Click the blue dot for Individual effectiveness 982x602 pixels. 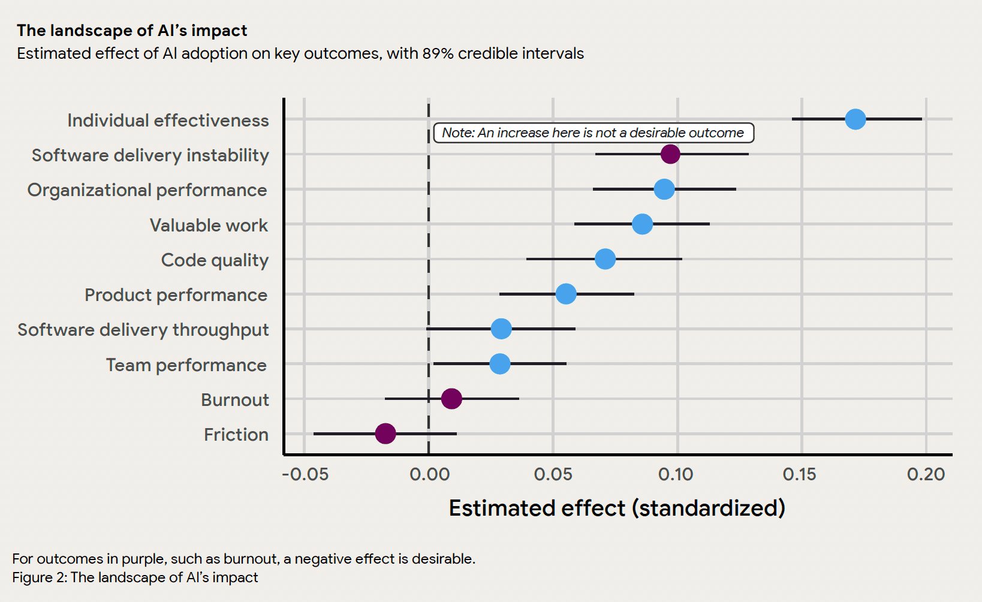click(856, 119)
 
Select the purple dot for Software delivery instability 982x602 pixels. click(670, 154)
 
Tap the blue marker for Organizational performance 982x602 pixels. click(664, 189)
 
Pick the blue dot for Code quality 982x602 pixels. click(605, 260)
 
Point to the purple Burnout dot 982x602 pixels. click(451, 399)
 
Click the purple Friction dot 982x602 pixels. click(385, 434)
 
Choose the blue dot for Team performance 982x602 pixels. click(500, 364)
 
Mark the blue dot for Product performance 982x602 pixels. click(566, 294)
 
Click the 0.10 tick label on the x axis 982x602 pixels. click(676, 475)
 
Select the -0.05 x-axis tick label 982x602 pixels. click(305, 475)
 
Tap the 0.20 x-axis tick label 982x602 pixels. click(926, 475)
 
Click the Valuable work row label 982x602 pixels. click(209, 225)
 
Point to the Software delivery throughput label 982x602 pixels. click(143, 330)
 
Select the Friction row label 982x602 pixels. click(236, 435)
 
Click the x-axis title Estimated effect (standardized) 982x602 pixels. click(617, 508)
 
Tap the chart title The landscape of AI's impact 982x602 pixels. click(132, 31)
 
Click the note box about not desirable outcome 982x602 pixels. click(593, 133)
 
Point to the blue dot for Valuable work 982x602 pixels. click(642, 224)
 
